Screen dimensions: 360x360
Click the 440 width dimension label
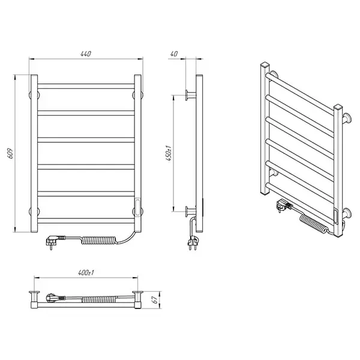86,54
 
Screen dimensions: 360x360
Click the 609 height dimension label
11,154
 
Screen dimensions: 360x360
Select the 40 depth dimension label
174,54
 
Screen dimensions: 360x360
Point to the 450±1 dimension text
169,153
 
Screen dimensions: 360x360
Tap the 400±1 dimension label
86,273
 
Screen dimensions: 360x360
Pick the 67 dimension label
155,299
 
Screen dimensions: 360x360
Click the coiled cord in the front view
99,240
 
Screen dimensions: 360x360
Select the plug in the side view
192,242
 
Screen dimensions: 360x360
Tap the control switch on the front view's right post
137,208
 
